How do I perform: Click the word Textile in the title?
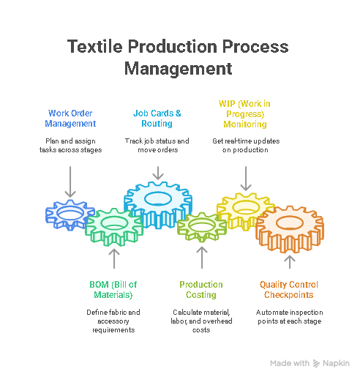[x=94, y=46]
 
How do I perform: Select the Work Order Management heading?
[x=70, y=119]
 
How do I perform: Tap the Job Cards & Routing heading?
[x=157, y=119]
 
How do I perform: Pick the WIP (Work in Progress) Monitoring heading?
[x=244, y=114]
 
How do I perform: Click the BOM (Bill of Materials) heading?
[x=113, y=290]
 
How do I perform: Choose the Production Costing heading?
[x=201, y=290]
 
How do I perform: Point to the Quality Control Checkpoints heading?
[x=289, y=290]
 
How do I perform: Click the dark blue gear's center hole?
[x=70, y=214]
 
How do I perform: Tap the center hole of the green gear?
[x=114, y=223]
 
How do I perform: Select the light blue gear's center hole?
[x=158, y=198]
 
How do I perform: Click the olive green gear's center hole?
[x=202, y=225]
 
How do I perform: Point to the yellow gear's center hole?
[x=246, y=207]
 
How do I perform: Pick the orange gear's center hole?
[x=290, y=223]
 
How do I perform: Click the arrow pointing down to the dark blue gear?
[x=70, y=182]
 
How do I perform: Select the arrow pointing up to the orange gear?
[x=290, y=262]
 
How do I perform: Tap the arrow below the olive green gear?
[x=202, y=258]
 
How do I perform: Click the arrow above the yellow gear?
[x=246, y=179]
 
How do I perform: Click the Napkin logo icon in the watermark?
[x=316, y=364]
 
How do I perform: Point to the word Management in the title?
[x=179, y=69]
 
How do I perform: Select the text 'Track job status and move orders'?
[x=157, y=146]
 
